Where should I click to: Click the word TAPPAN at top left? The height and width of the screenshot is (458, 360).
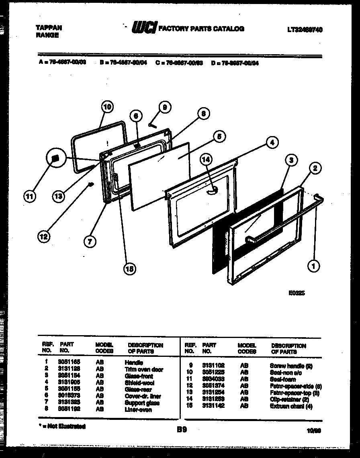[48, 28]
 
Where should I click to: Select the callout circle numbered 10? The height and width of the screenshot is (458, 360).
[106, 107]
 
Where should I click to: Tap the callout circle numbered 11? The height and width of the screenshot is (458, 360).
[30, 196]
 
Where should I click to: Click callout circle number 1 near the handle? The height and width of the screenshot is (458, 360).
[314, 265]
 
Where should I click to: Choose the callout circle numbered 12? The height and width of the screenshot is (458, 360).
[44, 237]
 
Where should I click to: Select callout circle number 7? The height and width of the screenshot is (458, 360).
[90, 241]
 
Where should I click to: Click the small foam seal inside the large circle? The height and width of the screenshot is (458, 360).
[56, 158]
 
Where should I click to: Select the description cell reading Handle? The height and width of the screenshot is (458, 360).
[134, 362]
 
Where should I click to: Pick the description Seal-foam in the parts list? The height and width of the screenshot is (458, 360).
[283, 379]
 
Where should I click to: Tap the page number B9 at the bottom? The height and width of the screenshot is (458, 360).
[181, 430]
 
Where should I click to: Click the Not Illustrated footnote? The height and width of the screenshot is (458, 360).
[62, 426]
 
